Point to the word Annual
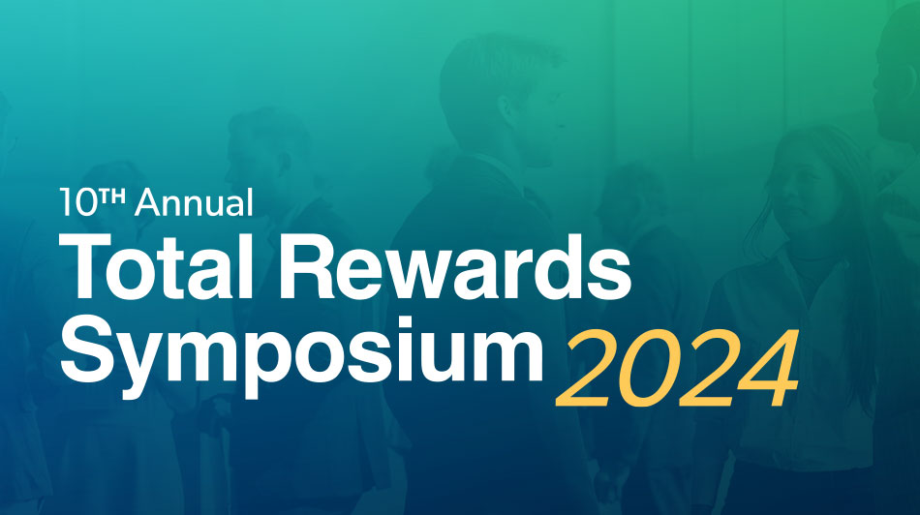(195, 202)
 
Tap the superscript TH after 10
(112, 197)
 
